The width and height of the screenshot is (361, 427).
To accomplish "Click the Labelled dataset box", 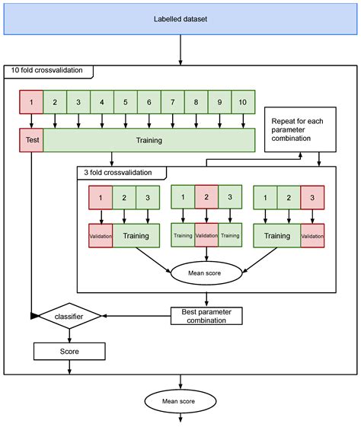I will click(180, 18).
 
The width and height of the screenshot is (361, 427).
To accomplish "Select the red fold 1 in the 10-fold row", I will click(31, 101).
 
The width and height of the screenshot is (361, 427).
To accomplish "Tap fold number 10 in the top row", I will click(243, 101).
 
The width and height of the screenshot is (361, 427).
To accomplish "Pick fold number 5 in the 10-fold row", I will click(125, 101).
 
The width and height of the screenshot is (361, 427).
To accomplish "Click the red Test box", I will click(31, 140).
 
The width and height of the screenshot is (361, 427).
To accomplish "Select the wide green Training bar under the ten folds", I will click(149, 140).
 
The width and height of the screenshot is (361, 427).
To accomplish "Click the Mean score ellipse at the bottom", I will click(180, 400).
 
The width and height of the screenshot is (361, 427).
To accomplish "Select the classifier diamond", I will click(69, 314).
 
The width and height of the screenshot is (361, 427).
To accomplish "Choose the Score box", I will click(69, 352).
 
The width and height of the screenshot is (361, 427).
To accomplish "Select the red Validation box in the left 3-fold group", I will click(101, 236).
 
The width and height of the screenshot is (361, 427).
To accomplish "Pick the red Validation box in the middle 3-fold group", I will click(206, 236).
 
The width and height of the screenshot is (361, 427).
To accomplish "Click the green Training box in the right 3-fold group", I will click(276, 236).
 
